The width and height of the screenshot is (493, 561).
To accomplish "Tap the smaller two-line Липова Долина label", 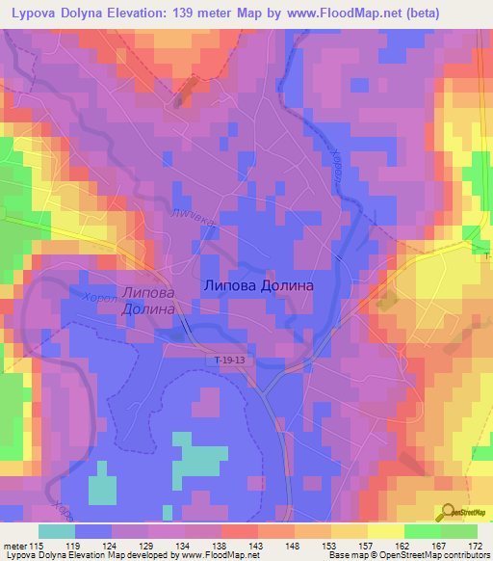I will click(x=147, y=302).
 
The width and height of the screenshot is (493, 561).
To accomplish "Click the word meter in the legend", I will click(x=15, y=545).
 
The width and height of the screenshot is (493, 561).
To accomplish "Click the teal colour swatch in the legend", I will click(x=57, y=531).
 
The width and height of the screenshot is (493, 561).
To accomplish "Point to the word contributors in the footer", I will click(x=463, y=555).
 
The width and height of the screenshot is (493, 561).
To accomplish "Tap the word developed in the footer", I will click(x=150, y=555).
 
